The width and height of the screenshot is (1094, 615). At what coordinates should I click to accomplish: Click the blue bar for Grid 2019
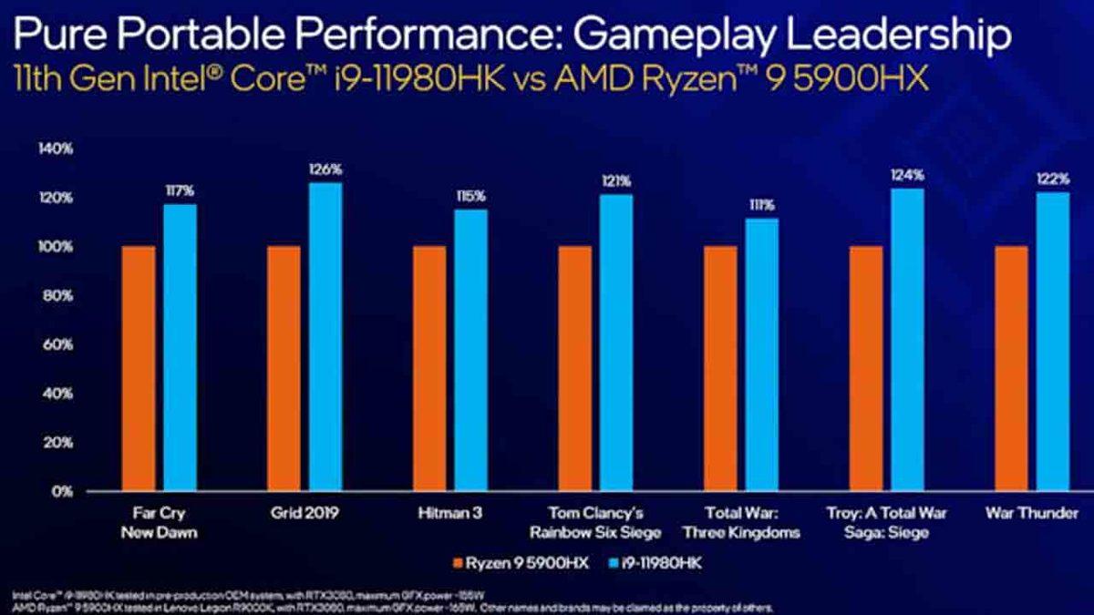point(325,337)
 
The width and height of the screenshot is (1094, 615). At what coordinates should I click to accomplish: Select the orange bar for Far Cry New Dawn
point(139,368)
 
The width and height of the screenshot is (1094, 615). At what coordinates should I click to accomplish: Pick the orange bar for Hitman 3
point(429,368)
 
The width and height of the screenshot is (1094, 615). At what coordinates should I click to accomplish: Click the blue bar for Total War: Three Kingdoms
point(762,355)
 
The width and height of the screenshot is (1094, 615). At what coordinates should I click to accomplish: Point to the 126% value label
point(325,169)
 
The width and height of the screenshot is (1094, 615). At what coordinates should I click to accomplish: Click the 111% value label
point(762,205)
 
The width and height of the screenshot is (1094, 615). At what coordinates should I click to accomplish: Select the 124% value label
point(907,174)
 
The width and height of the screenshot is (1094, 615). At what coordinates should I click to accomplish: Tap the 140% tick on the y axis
point(57,149)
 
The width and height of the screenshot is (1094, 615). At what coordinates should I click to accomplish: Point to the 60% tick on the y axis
point(59,344)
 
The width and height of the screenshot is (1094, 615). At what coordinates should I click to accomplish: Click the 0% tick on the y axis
point(63,491)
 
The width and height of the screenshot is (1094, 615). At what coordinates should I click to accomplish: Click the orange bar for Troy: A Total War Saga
point(866,368)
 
